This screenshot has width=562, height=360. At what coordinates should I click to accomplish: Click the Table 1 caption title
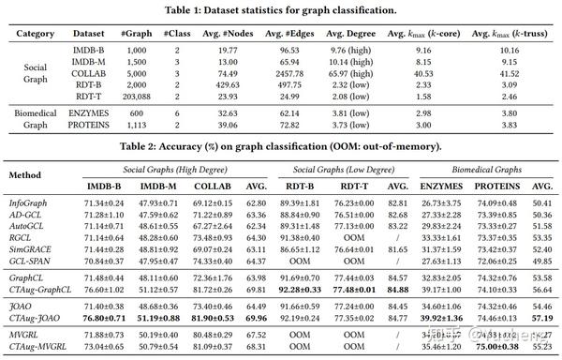(281, 9)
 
